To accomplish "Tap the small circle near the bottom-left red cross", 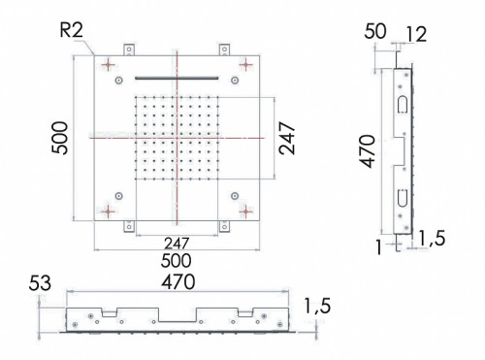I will tap(117, 195).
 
